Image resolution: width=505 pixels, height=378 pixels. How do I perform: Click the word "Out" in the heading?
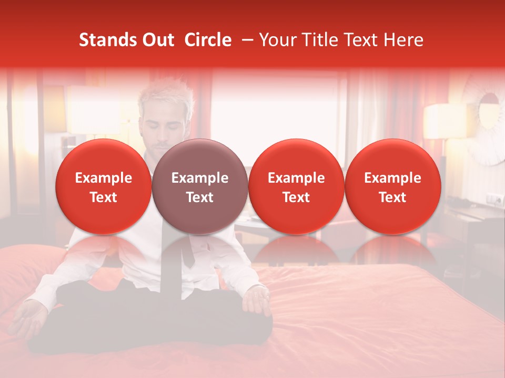(x=158, y=40)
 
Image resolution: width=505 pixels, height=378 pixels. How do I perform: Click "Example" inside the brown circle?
(x=200, y=178)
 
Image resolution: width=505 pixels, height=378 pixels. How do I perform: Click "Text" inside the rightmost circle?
(x=393, y=197)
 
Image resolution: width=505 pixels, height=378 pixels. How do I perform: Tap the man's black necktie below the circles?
(x=187, y=252)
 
